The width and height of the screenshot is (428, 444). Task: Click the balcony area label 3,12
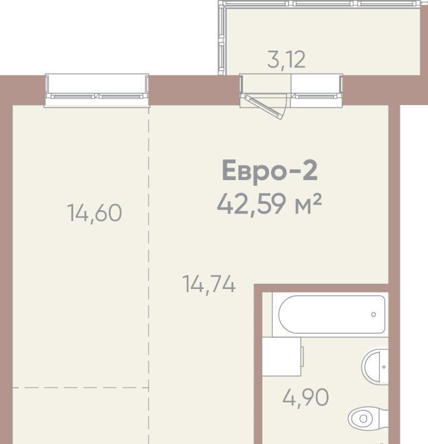click(x=287, y=60)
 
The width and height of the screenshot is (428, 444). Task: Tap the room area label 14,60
click(x=94, y=213)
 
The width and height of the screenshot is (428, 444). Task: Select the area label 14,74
click(x=209, y=284)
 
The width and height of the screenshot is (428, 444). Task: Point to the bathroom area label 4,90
click(x=305, y=398)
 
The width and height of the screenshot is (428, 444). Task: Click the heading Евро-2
click(x=270, y=170)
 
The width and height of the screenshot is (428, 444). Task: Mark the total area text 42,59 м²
click(x=269, y=204)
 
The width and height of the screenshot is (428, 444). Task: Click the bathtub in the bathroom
click(x=332, y=315)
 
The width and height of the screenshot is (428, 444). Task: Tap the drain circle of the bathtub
click(x=374, y=315)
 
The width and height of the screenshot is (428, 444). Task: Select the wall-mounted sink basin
click(x=375, y=366)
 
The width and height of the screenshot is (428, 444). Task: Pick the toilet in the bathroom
click(x=368, y=418)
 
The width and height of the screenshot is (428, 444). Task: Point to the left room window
click(x=97, y=90)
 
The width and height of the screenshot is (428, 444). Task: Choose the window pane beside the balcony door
click(x=317, y=90)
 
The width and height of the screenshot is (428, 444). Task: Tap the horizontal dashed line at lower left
click(x=81, y=387)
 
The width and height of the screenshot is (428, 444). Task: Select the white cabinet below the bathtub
click(x=282, y=356)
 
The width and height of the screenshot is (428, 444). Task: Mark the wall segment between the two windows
click(x=195, y=90)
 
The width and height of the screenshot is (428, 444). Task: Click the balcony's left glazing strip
click(x=222, y=38)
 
